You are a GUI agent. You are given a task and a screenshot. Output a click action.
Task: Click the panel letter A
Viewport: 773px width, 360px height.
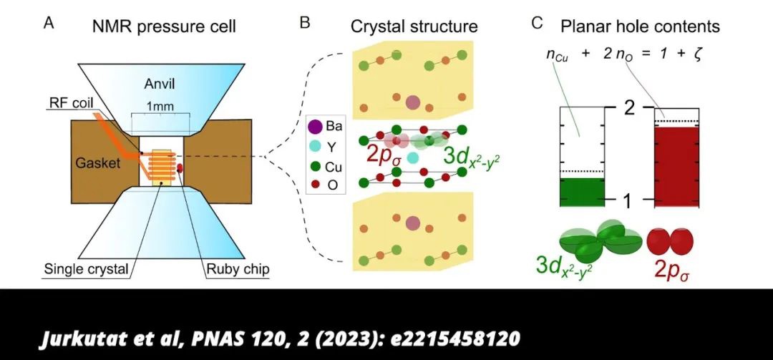tap(49, 23)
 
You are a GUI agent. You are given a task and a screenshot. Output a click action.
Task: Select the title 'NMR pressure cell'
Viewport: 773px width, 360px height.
tap(164, 28)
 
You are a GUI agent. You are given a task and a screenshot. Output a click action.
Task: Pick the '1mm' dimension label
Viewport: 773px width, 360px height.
tap(159, 104)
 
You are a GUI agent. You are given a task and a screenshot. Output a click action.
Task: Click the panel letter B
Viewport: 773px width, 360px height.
tap(305, 23)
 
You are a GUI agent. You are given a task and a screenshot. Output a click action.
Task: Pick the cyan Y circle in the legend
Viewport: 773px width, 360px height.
tap(314, 147)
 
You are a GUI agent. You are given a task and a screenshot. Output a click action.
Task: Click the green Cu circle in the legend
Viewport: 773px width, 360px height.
tap(314, 167)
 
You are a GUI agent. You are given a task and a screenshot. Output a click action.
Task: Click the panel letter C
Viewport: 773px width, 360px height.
tap(538, 23)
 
